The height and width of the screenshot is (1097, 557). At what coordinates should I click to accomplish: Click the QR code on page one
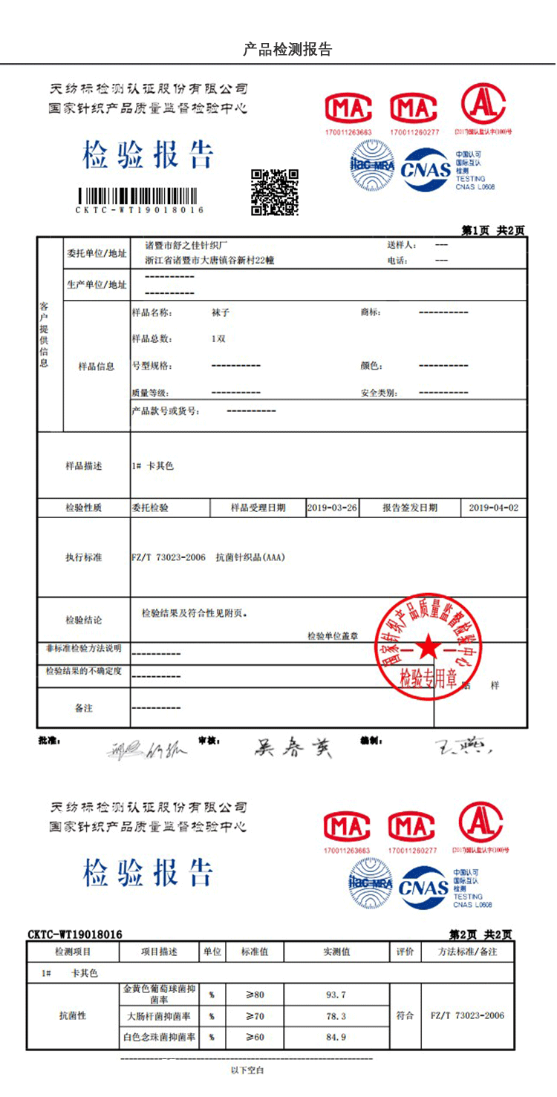[x=274, y=191]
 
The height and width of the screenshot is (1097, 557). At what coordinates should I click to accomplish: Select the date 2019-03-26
[x=332, y=508]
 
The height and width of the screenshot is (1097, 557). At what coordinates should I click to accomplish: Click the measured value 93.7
[x=336, y=995]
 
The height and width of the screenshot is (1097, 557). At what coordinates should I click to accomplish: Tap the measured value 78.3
[x=336, y=1016]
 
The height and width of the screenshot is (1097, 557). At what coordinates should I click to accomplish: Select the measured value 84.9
[x=336, y=1037]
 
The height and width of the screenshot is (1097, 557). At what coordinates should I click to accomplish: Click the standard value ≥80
[x=255, y=995]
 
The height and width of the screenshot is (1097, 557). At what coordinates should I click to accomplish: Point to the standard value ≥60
[x=255, y=1037]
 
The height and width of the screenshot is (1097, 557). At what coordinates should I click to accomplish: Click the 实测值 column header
[x=336, y=952]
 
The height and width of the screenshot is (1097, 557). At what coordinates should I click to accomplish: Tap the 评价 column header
[x=405, y=952]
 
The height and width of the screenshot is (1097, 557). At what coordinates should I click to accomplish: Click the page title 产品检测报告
[x=287, y=50]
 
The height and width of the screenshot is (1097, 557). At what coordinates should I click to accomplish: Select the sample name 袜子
[x=221, y=312]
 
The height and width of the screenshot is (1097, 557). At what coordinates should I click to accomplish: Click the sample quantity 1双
[x=218, y=339]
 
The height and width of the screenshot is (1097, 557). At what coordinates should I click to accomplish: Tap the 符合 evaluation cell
[x=405, y=1015]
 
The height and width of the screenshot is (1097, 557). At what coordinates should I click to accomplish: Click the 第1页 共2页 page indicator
[x=493, y=230]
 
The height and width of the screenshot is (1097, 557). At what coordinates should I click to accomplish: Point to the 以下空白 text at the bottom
[x=247, y=1070]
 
